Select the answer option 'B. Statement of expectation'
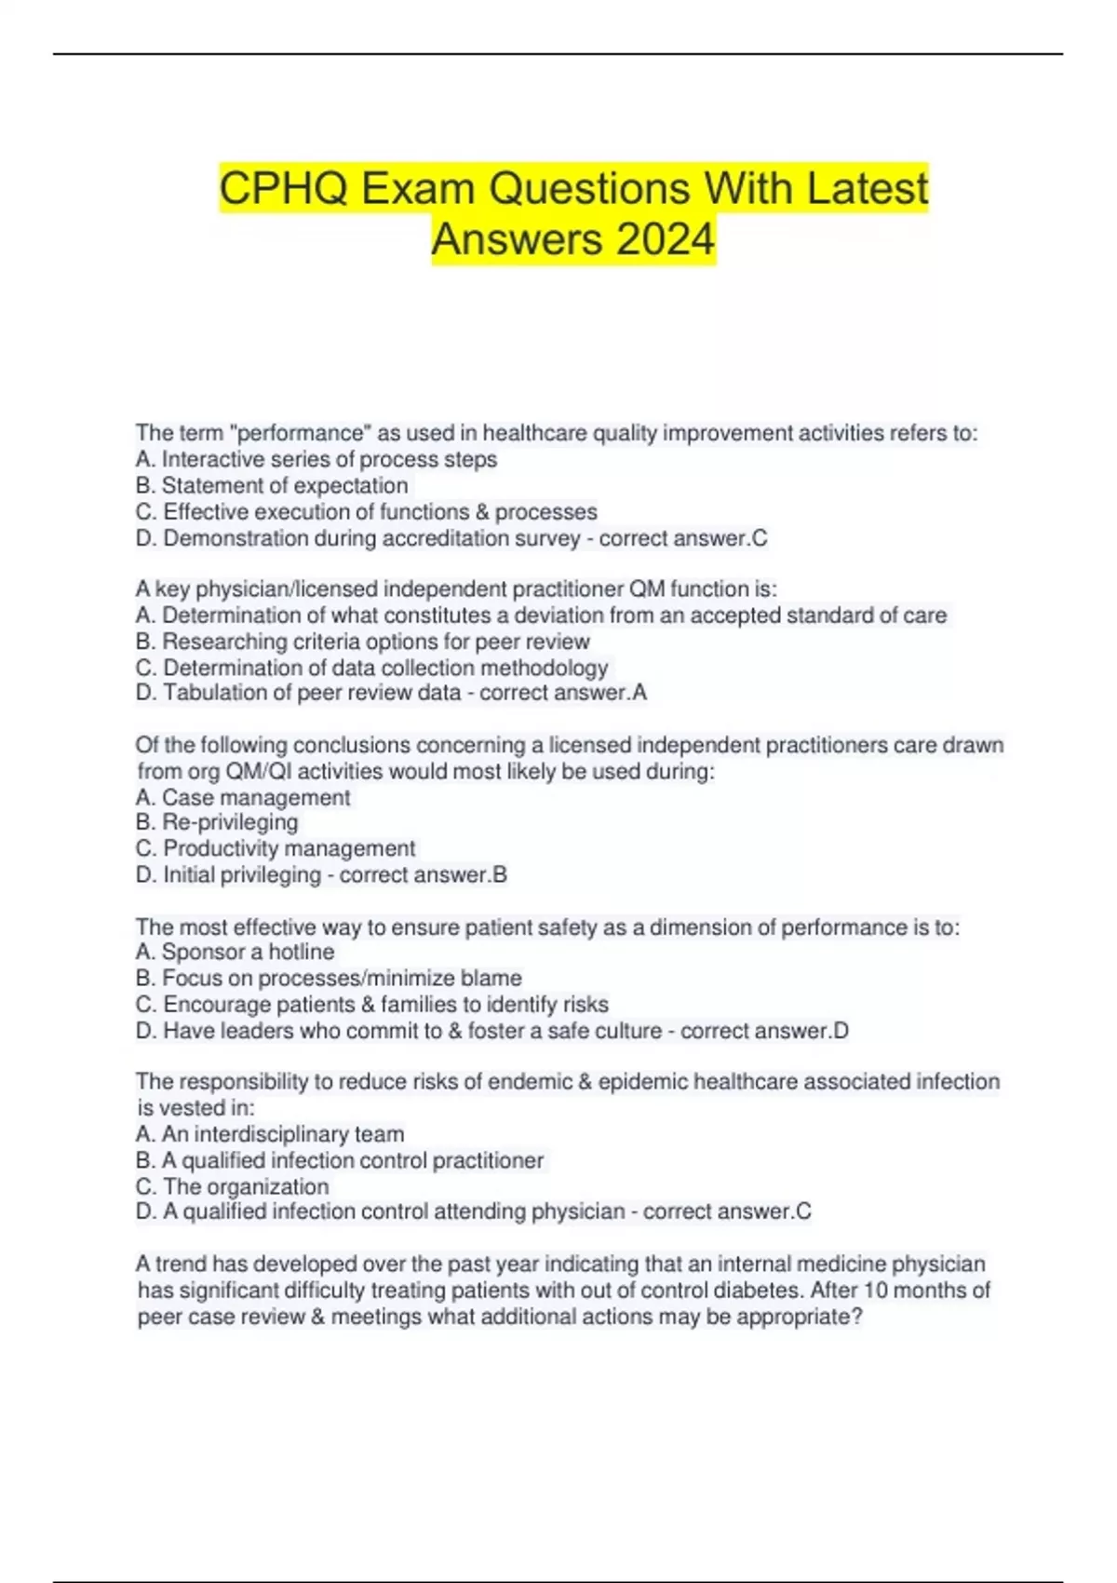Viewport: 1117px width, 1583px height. coord(271,485)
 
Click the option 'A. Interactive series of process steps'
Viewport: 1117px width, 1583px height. coord(316,459)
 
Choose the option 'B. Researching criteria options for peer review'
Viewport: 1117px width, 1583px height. coord(362,642)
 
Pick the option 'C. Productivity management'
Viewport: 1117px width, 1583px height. coord(275,848)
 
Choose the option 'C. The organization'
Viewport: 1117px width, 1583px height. coord(232,1186)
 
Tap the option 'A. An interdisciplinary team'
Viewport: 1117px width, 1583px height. coord(269,1134)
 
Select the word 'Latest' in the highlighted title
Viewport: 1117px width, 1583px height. coord(867,189)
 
